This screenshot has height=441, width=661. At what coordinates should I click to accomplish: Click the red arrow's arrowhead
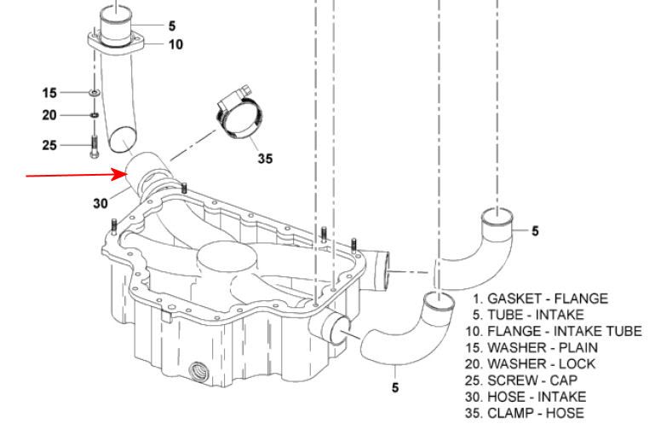[x=120, y=174]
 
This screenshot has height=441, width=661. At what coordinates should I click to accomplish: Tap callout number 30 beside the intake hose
[x=101, y=203]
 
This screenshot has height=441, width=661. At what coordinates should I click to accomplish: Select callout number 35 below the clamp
[x=265, y=159]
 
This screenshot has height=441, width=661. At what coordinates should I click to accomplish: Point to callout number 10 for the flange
[x=175, y=44]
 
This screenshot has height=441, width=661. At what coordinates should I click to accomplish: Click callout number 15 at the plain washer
[x=49, y=93]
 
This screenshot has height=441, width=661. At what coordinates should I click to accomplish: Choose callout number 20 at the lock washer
[x=49, y=115]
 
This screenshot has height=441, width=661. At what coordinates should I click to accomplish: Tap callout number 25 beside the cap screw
[x=49, y=145]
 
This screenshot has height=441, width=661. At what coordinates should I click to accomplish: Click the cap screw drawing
[x=95, y=147]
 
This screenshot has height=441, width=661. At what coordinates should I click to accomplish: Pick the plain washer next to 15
[x=95, y=92]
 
